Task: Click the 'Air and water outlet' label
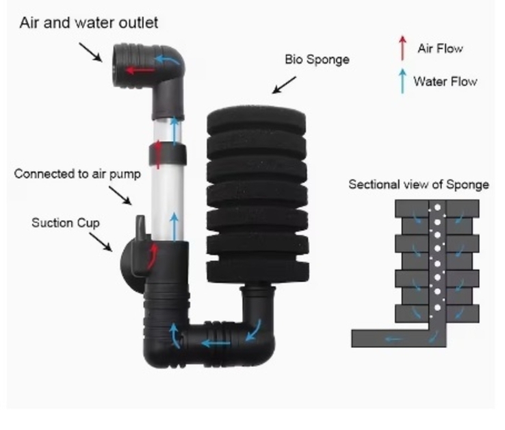point(88,23)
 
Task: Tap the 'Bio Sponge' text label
point(317,60)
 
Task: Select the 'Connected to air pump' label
point(77,174)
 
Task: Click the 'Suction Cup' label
point(66,223)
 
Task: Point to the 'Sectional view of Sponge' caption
point(419,185)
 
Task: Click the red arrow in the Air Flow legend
point(402,48)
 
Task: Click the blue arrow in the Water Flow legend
point(402,81)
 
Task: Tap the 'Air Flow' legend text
point(440,49)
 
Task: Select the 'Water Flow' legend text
point(445,81)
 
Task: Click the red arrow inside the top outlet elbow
point(140,70)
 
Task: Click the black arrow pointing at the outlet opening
point(90,52)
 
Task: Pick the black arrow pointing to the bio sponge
point(284,85)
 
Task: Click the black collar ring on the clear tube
point(168,154)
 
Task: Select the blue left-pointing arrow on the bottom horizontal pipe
point(216,343)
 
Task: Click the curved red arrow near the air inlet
point(153,256)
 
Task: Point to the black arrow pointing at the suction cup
point(101,242)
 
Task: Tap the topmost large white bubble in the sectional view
point(437,207)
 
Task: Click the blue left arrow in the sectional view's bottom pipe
point(393,339)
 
